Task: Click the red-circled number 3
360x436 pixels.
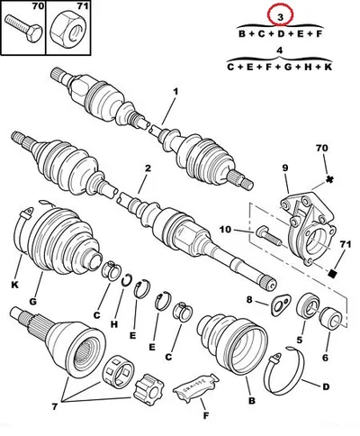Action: (280, 17)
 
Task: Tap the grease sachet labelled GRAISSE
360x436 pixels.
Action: (196, 386)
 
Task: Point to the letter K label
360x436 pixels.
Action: (15, 285)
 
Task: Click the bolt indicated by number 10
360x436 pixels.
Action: (268, 237)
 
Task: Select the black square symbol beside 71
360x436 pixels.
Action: (333, 273)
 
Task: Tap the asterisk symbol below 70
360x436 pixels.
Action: (329, 179)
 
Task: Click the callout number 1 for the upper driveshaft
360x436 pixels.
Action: (175, 92)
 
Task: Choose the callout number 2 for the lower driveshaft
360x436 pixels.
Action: (148, 168)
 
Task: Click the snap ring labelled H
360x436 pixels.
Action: (126, 280)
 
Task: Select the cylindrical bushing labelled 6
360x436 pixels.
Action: (331, 318)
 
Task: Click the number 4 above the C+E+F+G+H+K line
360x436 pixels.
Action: (280, 50)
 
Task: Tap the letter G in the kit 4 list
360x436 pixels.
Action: (288, 67)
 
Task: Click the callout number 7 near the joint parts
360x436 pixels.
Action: (55, 406)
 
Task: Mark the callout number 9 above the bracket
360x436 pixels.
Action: (284, 168)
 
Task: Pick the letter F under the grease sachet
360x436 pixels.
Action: (206, 416)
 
